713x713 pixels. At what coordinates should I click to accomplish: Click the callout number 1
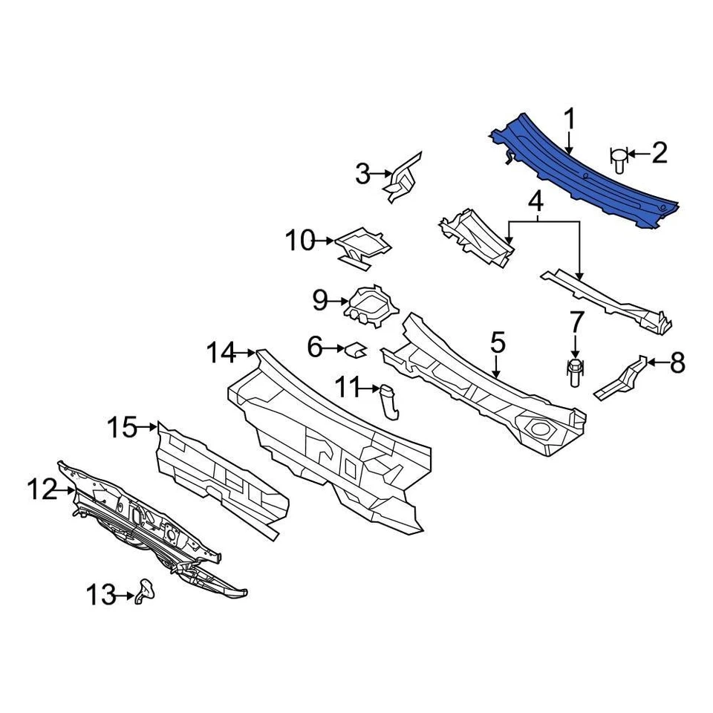click(x=570, y=119)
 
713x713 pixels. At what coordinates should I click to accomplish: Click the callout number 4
click(x=535, y=201)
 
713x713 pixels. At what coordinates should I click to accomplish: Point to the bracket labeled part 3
click(x=403, y=178)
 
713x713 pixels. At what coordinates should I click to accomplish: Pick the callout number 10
click(x=301, y=241)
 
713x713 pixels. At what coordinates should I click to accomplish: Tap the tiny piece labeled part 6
click(x=355, y=347)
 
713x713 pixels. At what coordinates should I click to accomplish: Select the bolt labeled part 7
click(x=576, y=371)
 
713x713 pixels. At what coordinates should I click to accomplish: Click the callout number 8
click(x=677, y=363)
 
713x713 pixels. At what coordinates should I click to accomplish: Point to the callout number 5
click(x=497, y=343)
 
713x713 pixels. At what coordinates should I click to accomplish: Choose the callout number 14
click(x=221, y=351)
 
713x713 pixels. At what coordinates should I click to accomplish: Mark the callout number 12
click(x=42, y=489)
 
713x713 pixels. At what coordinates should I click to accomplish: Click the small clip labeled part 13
click(x=146, y=593)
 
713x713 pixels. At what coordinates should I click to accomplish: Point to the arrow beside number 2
click(x=637, y=154)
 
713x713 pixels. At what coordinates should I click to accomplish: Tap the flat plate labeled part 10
click(x=362, y=244)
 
